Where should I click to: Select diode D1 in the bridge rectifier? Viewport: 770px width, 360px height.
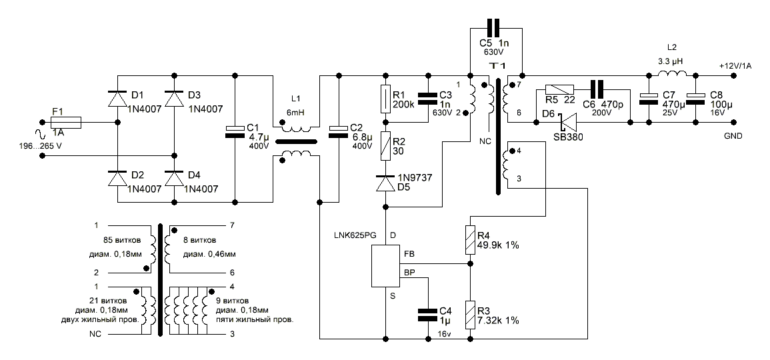click(x=119, y=98)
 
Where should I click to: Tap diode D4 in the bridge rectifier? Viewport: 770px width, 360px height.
click(x=175, y=180)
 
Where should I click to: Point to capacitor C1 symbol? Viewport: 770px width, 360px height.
click(x=235, y=131)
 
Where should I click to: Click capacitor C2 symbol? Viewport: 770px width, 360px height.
click(x=339, y=131)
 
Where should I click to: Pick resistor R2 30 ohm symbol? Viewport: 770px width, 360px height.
click(x=385, y=145)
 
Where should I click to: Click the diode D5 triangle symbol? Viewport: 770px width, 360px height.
click(x=385, y=183)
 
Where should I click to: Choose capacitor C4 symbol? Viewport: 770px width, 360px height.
click(x=427, y=315)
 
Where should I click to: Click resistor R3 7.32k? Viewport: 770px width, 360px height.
click(x=471, y=314)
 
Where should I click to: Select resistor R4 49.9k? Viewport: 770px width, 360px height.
click(x=471, y=239)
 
